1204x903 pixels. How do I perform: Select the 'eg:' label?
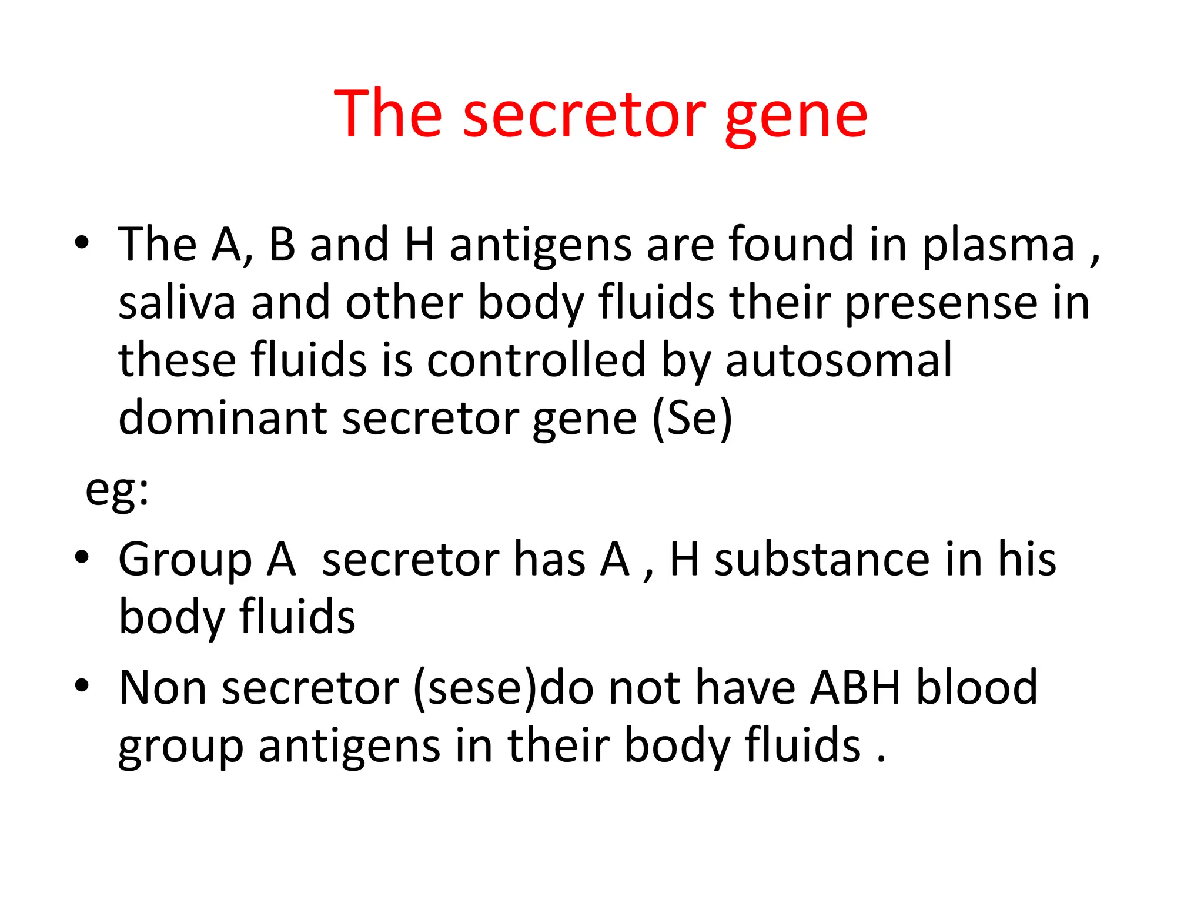[117, 489]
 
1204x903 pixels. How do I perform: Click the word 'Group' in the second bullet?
[185, 560]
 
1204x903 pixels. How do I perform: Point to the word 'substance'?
[822, 559]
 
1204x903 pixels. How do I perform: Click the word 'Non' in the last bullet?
[162, 687]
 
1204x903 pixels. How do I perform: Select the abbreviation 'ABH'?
[855, 687]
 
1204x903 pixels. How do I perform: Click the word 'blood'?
[977, 687]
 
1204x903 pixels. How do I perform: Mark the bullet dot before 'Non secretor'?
[82, 685]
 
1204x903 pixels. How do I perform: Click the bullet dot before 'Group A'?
[82, 557]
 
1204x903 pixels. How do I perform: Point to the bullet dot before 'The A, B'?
[82, 242]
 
